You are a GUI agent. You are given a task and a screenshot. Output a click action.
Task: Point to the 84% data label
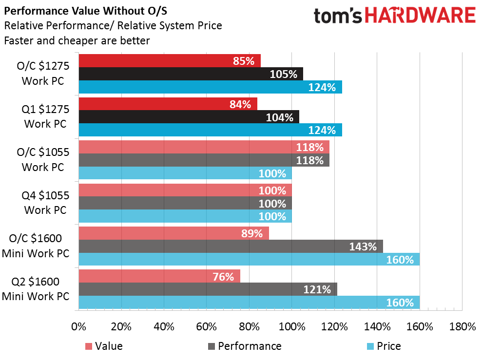(x=240, y=104)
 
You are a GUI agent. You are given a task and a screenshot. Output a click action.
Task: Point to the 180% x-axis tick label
(x=462, y=327)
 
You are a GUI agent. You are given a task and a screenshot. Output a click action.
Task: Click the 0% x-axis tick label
(x=78, y=327)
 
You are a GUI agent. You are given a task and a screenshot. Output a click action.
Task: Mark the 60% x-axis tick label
(x=206, y=327)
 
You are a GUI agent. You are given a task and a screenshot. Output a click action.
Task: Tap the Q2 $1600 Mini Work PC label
(x=36, y=289)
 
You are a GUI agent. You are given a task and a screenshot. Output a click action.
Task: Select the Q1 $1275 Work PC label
(x=44, y=117)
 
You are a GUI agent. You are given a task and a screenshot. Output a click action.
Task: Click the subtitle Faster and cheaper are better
(x=77, y=41)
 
